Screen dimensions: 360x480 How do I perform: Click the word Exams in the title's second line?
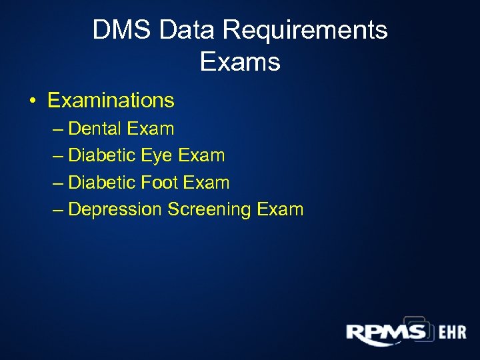240,62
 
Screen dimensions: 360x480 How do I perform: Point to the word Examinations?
111,101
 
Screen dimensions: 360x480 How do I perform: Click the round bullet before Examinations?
33,101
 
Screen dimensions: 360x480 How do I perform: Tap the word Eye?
158,156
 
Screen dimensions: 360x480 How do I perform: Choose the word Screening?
209,209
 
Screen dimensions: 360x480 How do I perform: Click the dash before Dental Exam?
58,129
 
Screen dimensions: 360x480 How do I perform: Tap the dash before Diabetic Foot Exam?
58,183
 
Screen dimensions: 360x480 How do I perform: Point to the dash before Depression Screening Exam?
58,210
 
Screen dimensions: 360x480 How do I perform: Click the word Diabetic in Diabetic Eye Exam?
103,156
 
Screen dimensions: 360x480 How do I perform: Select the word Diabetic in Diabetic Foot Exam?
103,183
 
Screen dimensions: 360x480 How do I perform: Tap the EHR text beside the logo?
452,333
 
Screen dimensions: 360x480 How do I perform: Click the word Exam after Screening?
279,209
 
